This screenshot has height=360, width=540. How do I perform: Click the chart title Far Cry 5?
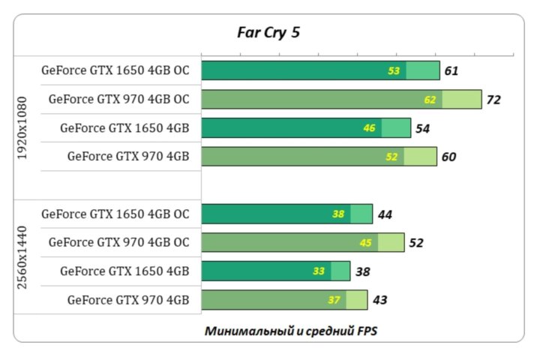pyautogui.click(x=268, y=32)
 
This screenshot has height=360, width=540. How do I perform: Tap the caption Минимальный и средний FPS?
pyautogui.click(x=290, y=330)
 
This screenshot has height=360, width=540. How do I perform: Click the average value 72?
pyautogui.click(x=493, y=100)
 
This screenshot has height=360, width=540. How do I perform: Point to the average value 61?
pyautogui.click(x=451, y=71)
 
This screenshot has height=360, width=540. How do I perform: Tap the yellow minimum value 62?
pyautogui.click(x=430, y=100)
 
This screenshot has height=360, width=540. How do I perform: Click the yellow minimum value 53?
pyautogui.click(x=394, y=71)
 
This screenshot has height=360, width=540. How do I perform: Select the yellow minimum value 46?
pyautogui.click(x=369, y=128)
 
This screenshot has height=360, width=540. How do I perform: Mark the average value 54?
pyautogui.click(x=422, y=128)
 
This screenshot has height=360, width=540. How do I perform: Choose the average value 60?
pyautogui.click(x=448, y=157)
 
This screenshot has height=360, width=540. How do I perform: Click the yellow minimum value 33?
pyautogui.click(x=318, y=271)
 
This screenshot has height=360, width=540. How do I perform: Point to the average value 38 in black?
pyautogui.click(x=361, y=271)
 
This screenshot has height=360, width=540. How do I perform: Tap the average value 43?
pyautogui.click(x=379, y=300)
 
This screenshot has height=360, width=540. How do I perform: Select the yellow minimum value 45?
pyautogui.click(x=365, y=243)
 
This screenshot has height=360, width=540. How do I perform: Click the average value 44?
pyautogui.click(x=385, y=214)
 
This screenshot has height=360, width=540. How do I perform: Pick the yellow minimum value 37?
pyautogui.click(x=334, y=300)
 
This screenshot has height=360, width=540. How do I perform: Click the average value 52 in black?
pyautogui.click(x=416, y=243)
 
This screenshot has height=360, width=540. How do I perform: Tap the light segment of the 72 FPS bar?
pyautogui.click(x=462, y=100)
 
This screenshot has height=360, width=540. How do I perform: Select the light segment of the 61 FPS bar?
pyautogui.click(x=423, y=71)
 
